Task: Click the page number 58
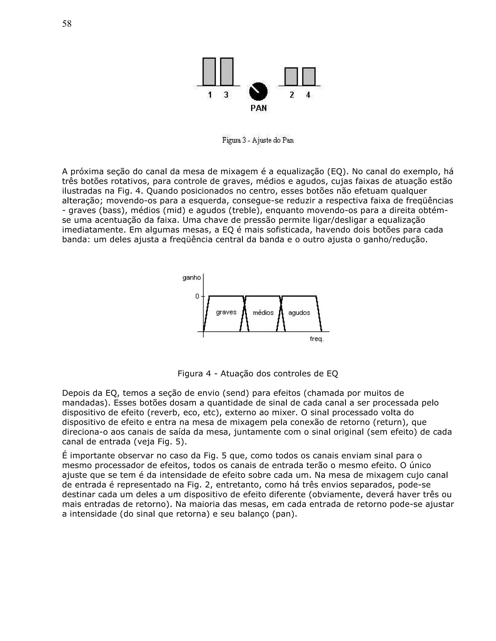pyautogui.click(x=67, y=24)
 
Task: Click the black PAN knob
pyautogui.click(x=258, y=91)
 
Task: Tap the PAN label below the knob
pyautogui.click(x=259, y=108)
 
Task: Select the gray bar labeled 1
pyautogui.click(x=209, y=72)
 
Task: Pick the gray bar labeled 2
pyautogui.click(x=291, y=77)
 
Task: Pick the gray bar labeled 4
pyautogui.click(x=309, y=77)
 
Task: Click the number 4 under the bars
pyautogui.click(x=308, y=95)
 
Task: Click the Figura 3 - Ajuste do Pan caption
pyautogui.click(x=258, y=140)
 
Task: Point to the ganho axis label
pyautogui.click(x=192, y=277)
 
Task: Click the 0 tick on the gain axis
pyautogui.click(x=197, y=296)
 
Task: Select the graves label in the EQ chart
pyautogui.click(x=226, y=312)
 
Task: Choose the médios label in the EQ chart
pyautogui.click(x=263, y=313)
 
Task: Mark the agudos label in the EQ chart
pyautogui.click(x=299, y=313)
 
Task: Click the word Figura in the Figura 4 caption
pyautogui.click(x=190, y=374)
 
